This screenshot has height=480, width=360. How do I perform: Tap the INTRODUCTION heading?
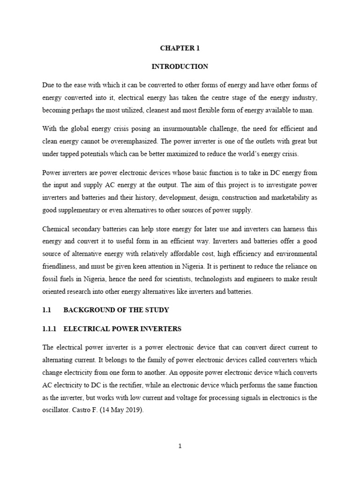tap(180, 67)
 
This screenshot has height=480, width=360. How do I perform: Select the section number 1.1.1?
tap(49, 329)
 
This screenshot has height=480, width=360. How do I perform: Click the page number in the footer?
tap(180, 446)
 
